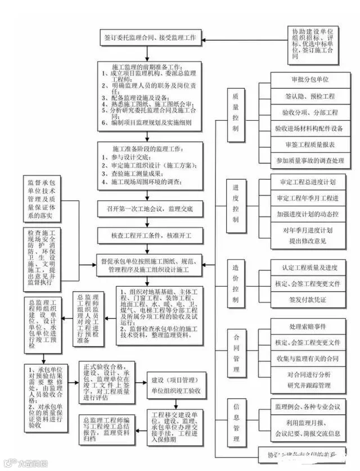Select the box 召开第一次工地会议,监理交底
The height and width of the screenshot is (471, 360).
pos(148,209)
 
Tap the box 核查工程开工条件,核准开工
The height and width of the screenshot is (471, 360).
pos(148,234)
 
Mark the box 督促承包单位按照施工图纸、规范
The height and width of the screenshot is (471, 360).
pos(148,265)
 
